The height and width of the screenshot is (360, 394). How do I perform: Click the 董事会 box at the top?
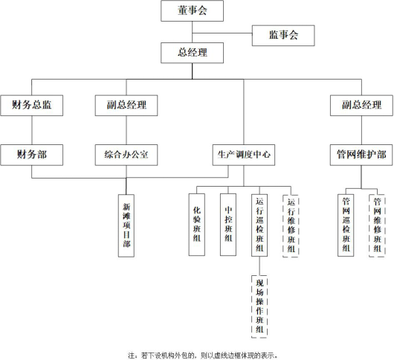coord(193,11)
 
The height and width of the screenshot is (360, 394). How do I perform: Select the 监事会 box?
coord(283,36)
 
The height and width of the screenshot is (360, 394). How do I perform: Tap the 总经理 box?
coord(193,53)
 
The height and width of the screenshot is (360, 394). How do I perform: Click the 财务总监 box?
coord(32,106)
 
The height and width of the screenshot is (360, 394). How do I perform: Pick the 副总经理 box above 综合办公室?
coord(126,106)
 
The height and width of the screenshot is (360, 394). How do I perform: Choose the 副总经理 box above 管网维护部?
coord(361,106)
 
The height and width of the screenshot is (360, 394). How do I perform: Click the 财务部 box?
coord(32,155)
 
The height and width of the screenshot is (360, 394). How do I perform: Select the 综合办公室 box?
coord(126,155)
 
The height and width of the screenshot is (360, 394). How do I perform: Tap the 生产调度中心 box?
coord(244,155)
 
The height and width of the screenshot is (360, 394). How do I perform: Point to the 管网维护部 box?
coord(361,155)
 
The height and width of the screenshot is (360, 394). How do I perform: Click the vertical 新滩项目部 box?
coord(126,225)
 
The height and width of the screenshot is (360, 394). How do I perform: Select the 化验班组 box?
coord(197,225)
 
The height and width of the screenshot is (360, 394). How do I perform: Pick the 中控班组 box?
coord(228,225)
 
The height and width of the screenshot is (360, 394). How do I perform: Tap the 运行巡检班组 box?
coord(259,225)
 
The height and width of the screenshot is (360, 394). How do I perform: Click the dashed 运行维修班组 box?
coord(291,226)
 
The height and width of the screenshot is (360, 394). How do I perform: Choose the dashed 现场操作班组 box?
coord(259,306)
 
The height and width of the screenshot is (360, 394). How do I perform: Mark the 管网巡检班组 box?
coord(346,225)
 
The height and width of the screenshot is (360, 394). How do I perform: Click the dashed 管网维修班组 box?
coord(377,225)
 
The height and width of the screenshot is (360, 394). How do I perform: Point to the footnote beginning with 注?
coord(203,356)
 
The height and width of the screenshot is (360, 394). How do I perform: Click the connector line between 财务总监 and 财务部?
coord(32,130)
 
